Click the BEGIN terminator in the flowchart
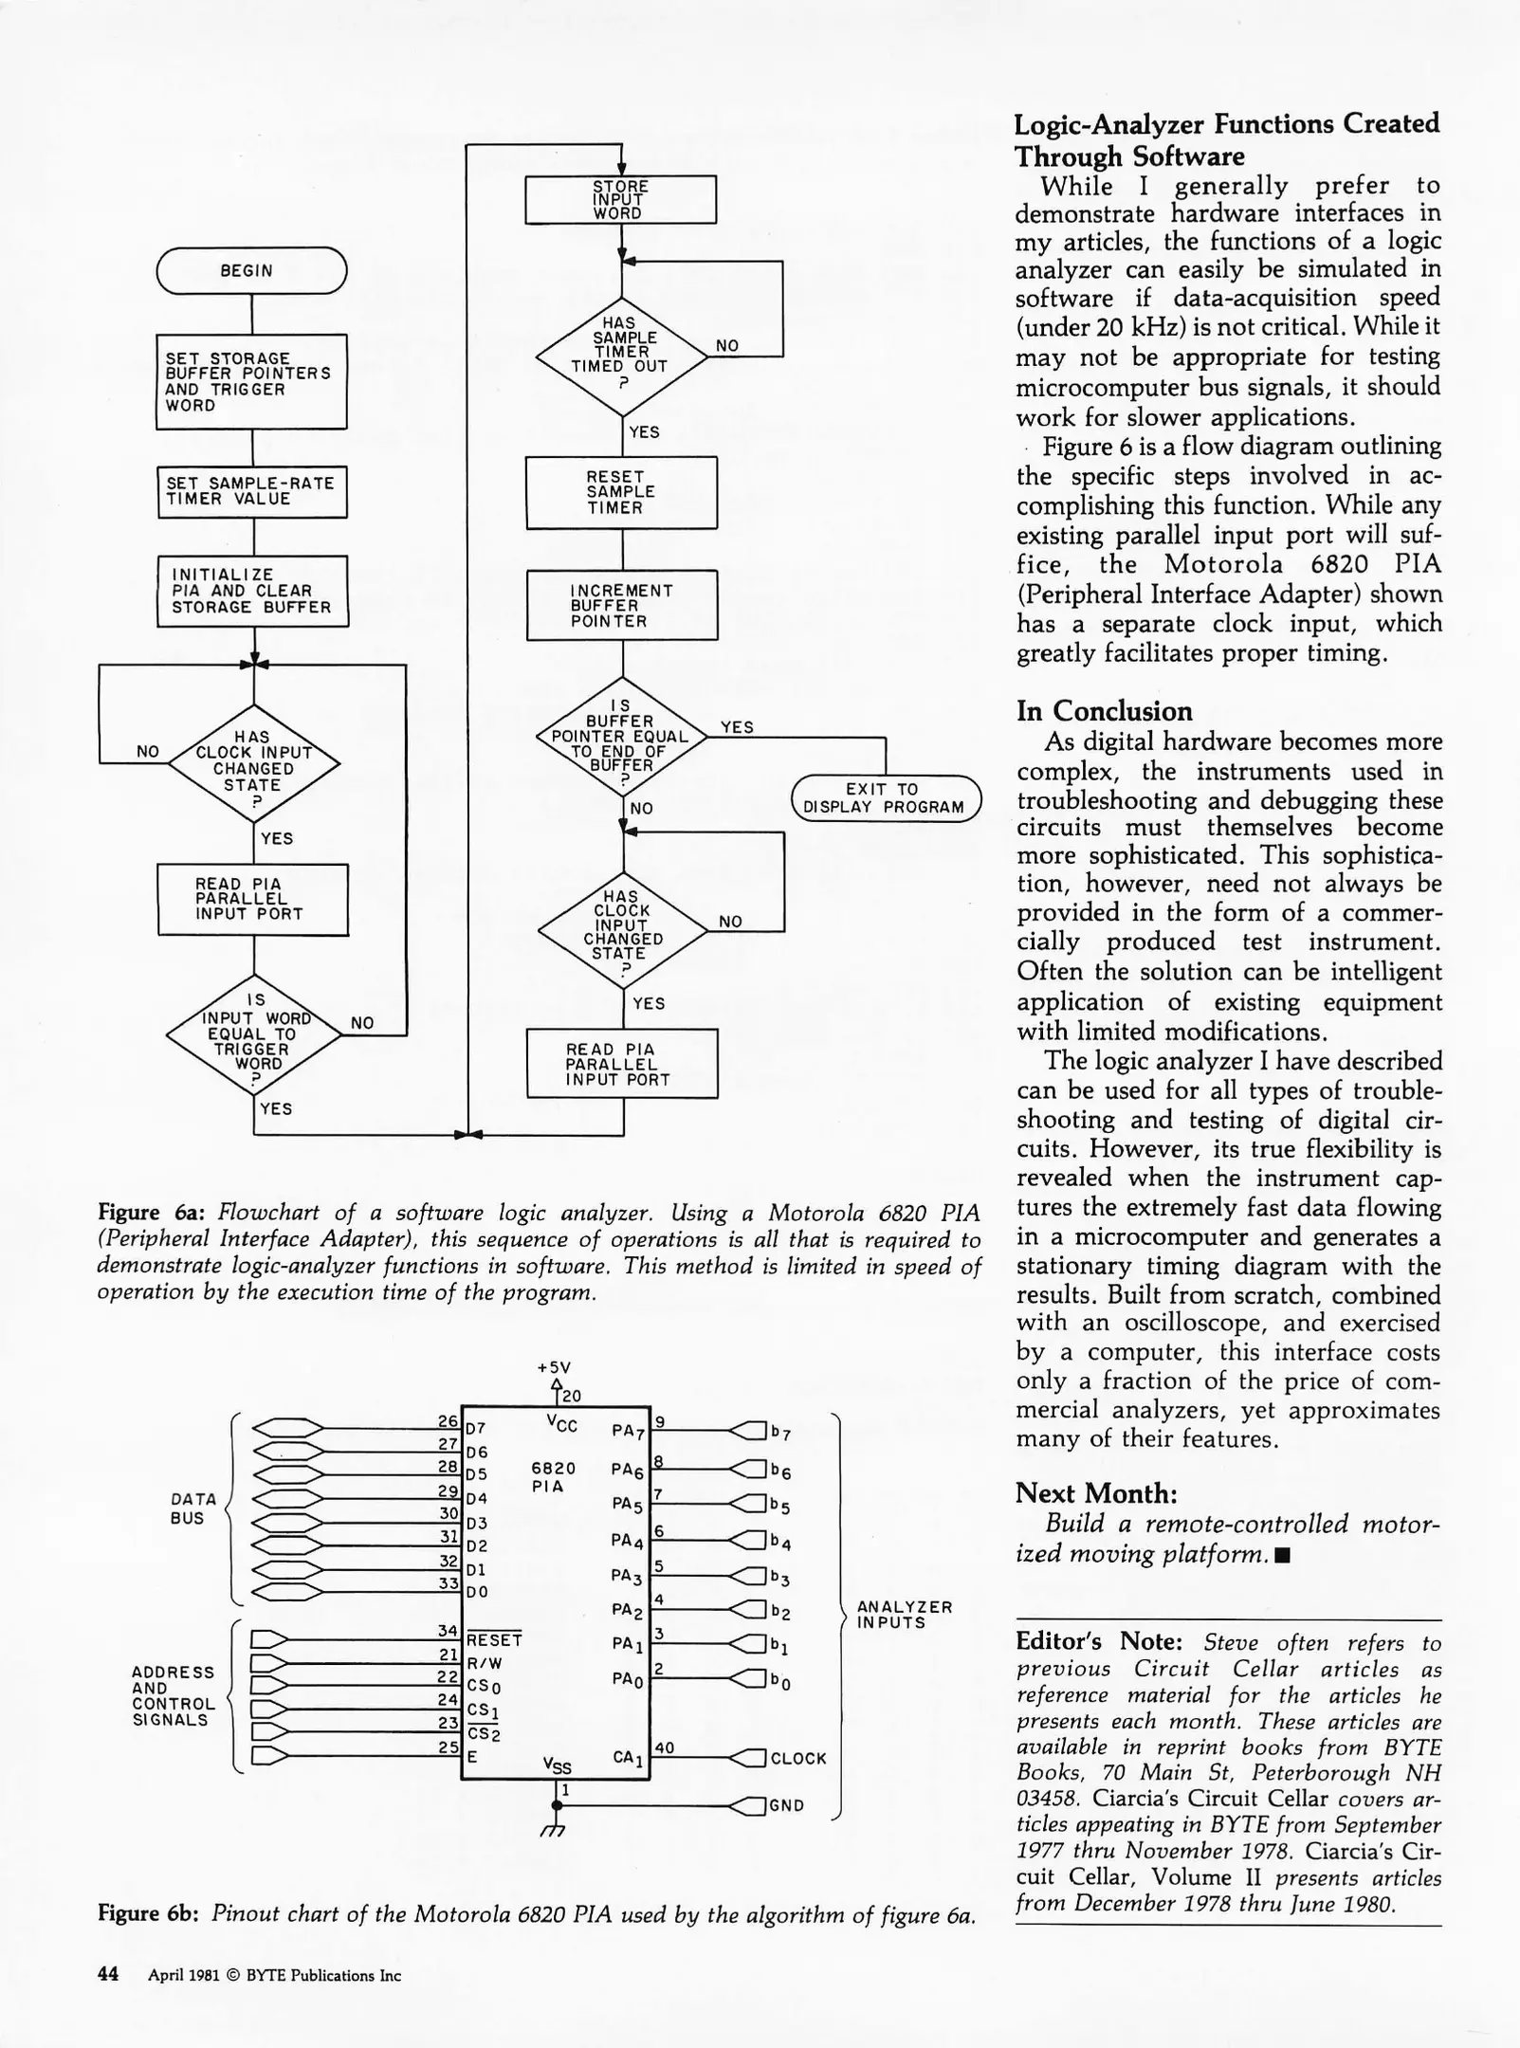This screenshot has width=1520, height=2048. pyautogui.click(x=251, y=270)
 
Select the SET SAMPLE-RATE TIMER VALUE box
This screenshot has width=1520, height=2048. pyautogui.click(x=252, y=491)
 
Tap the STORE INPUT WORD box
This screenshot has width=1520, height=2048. pyautogui.click(x=621, y=199)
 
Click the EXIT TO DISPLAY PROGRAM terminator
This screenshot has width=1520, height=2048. pyautogui.click(x=885, y=798)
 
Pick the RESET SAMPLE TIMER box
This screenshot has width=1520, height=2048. pyautogui.click(x=621, y=492)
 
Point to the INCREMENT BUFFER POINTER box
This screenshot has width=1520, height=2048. pyautogui.click(x=622, y=605)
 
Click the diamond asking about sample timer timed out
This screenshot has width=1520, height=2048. pyautogui.click(x=621, y=357)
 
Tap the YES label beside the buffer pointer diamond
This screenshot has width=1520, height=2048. pyautogui.click(x=737, y=727)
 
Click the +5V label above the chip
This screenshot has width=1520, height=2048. pyautogui.click(x=554, y=1367)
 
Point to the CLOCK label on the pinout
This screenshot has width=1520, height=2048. pyautogui.click(x=798, y=1758)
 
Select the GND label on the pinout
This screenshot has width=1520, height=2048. pyautogui.click(x=787, y=1805)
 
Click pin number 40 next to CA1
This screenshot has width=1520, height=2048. pyautogui.click(x=664, y=1747)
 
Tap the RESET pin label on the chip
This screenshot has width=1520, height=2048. pyautogui.click(x=494, y=1639)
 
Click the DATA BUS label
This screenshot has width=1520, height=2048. pyautogui.click(x=193, y=1509)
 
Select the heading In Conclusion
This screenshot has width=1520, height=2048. pyautogui.click(x=1104, y=711)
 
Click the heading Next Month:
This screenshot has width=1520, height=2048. pyautogui.click(x=1096, y=1493)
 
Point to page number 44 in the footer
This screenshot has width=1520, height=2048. pyautogui.click(x=108, y=1974)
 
